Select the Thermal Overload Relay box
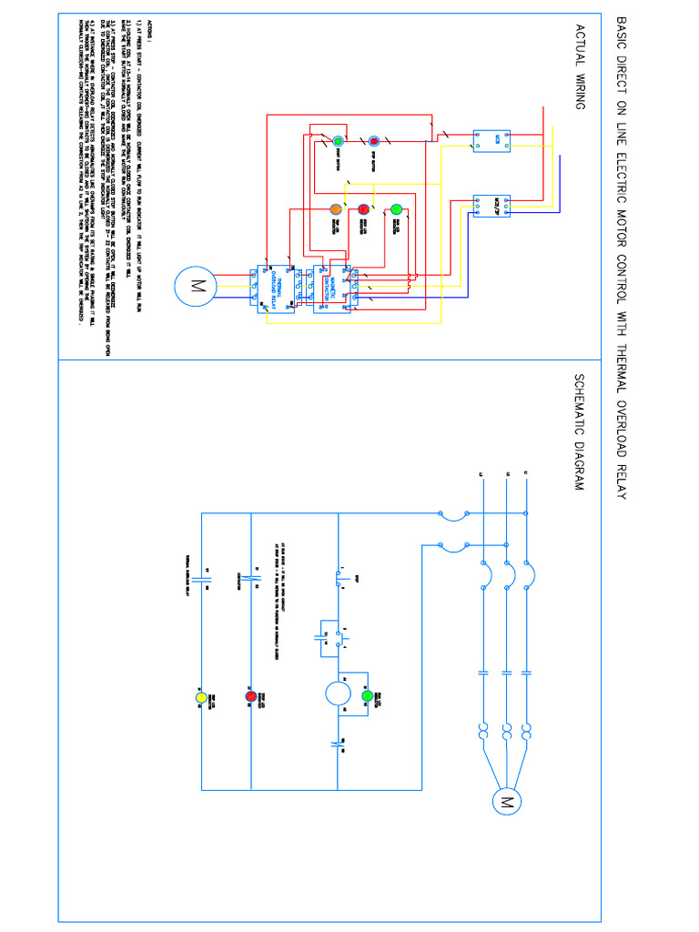(272, 289)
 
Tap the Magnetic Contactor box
(331, 289)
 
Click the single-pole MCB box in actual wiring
(491, 139)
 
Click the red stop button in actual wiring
(373, 142)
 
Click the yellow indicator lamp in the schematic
(201, 697)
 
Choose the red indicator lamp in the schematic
(251, 697)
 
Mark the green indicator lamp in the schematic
(368, 697)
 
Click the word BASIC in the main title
(622, 34)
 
